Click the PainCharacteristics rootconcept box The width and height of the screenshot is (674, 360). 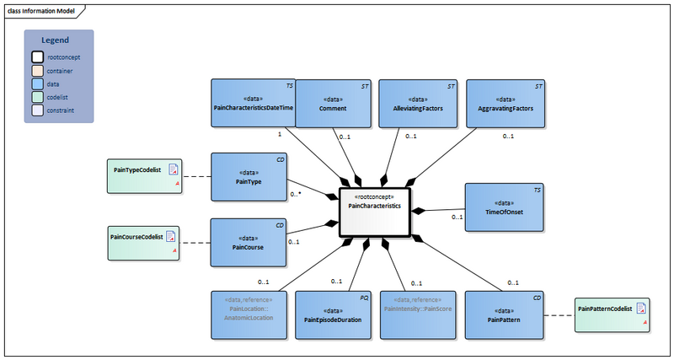click(x=374, y=209)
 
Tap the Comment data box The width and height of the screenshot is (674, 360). click(x=332, y=103)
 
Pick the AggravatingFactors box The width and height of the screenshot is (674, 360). click(x=503, y=103)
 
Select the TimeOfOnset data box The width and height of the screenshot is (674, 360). click(x=503, y=207)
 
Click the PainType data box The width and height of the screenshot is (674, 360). click(x=248, y=177)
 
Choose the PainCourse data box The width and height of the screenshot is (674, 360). click(x=248, y=243)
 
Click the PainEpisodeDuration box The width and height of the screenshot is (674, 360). click(x=332, y=314)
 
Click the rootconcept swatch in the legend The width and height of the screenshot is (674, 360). click(x=37, y=57)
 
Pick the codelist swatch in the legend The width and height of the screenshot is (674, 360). click(x=37, y=97)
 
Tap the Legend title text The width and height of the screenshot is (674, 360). click(x=55, y=40)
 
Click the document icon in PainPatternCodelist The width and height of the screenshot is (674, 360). click(x=641, y=309)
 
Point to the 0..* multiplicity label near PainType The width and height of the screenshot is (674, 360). click(x=296, y=194)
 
